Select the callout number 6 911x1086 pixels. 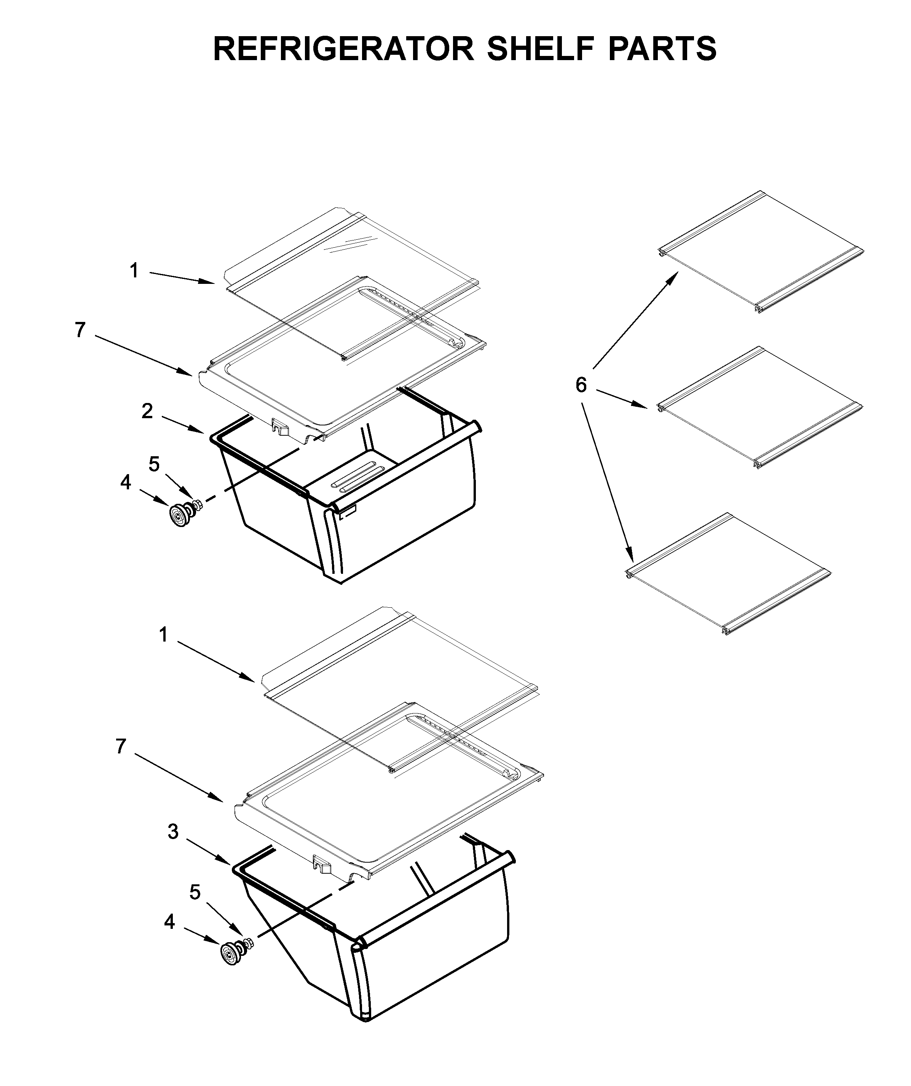581,385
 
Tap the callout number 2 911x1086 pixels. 147,412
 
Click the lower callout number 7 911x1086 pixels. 121,746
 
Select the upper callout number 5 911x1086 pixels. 154,464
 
